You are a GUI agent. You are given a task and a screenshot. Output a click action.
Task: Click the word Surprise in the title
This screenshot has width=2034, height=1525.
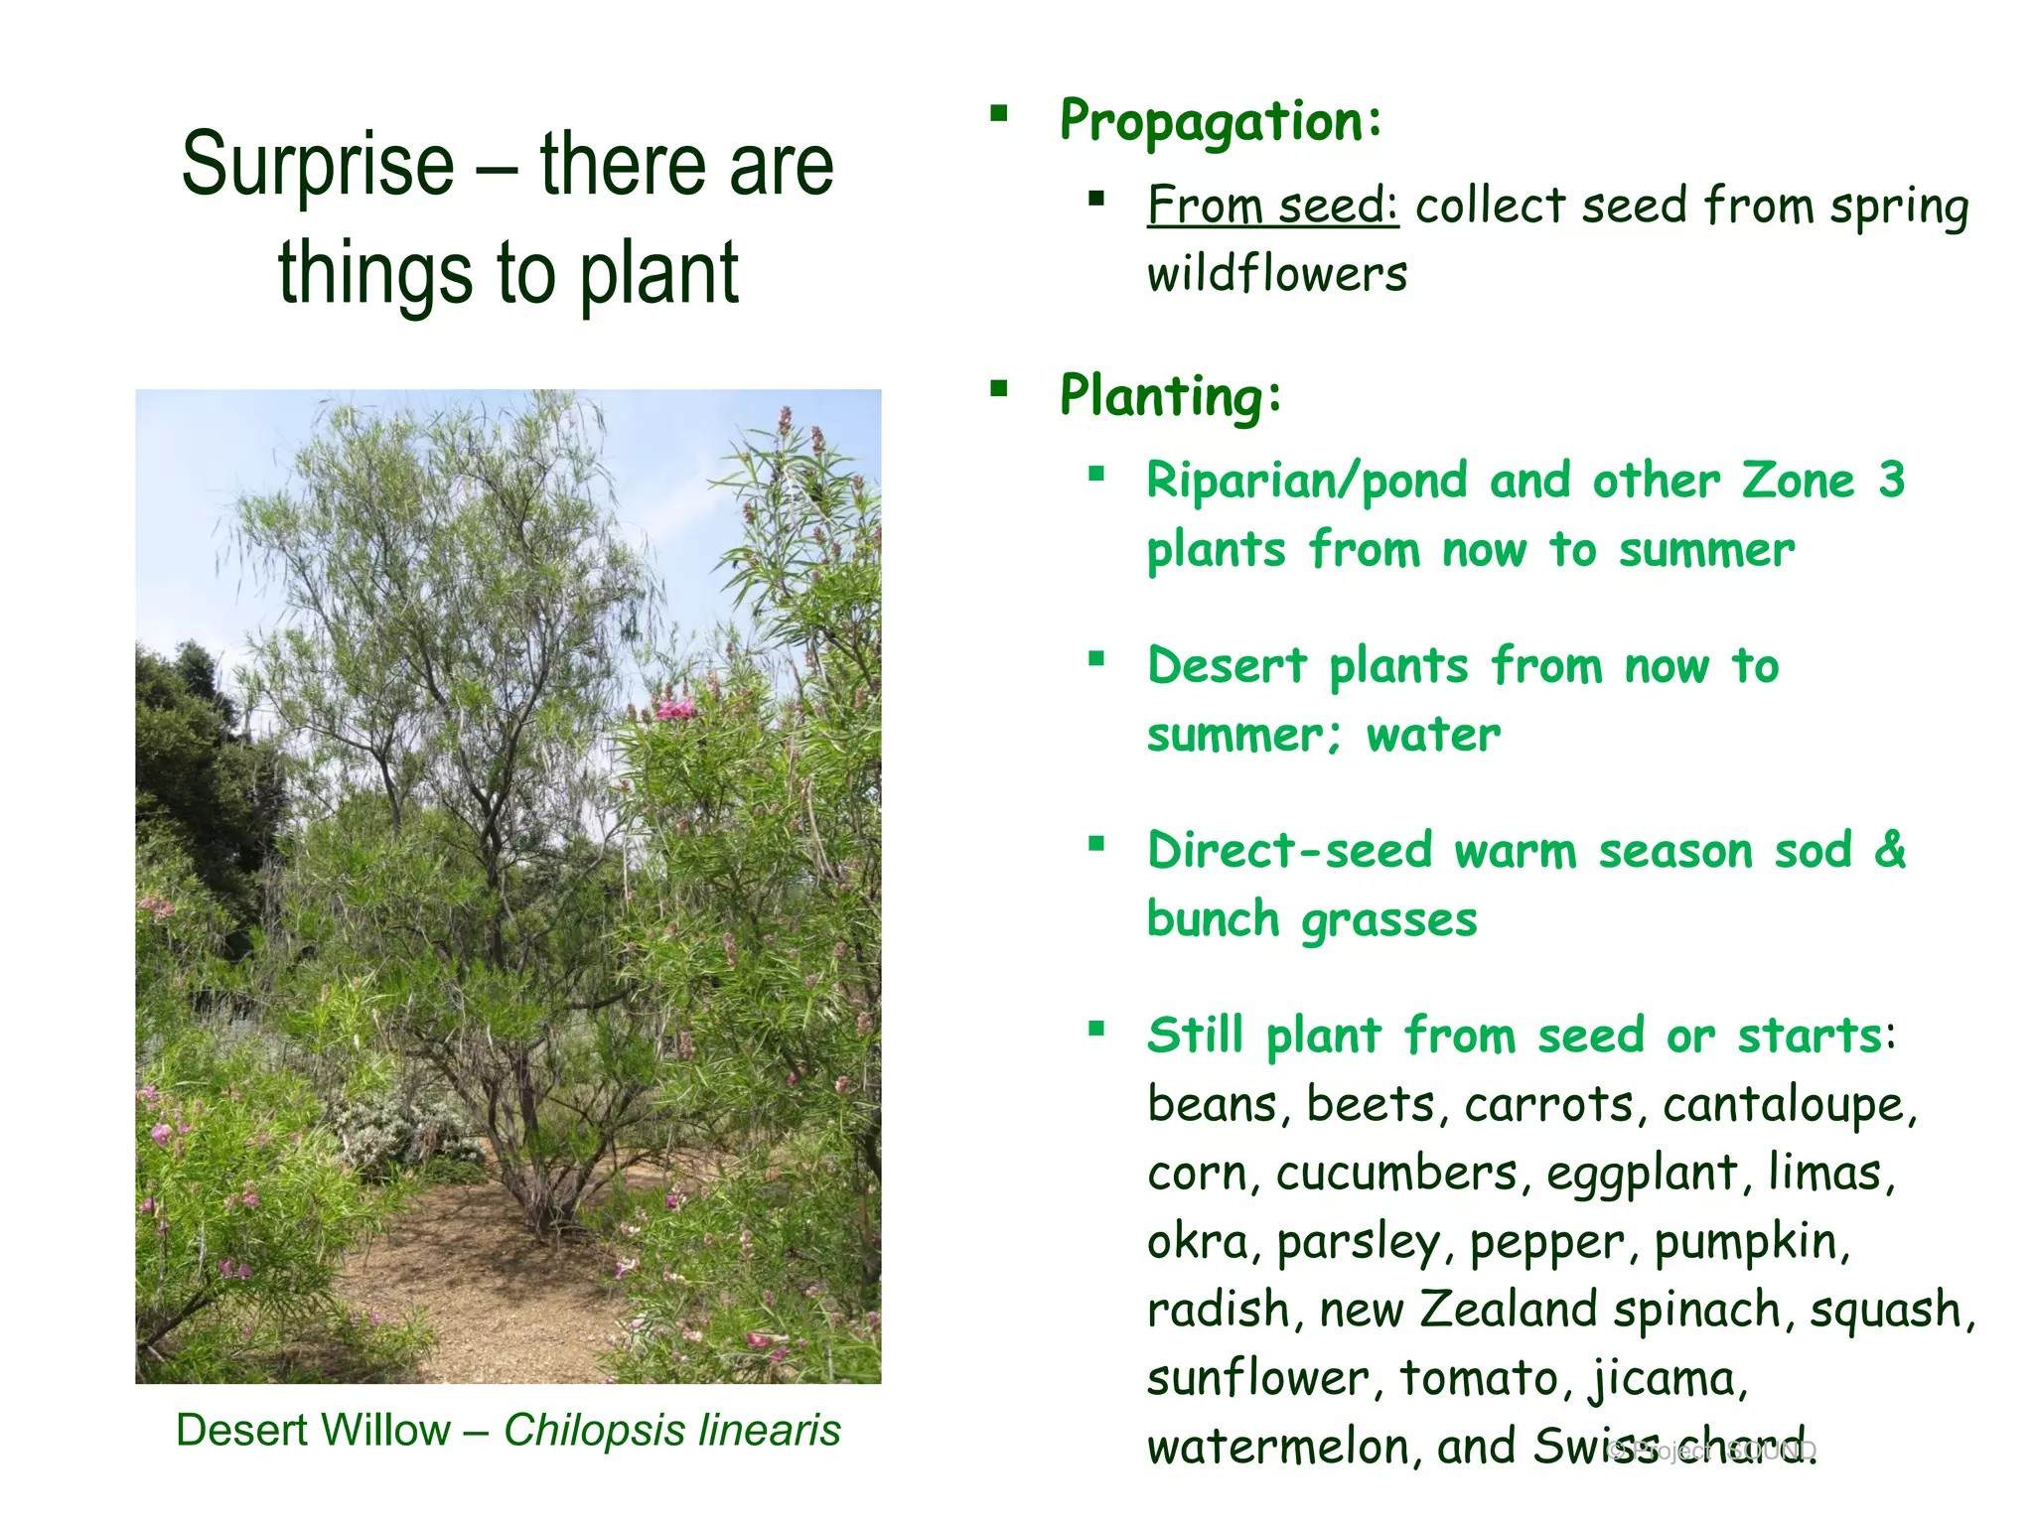pyautogui.click(x=317, y=166)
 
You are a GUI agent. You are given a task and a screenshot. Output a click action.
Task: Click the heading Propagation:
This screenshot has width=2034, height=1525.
pyautogui.click(x=1221, y=122)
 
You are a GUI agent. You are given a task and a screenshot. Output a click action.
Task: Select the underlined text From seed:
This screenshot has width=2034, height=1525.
pyautogui.click(x=1272, y=207)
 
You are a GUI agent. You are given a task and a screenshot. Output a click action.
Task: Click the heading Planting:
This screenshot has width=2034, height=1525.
pyautogui.click(x=1171, y=396)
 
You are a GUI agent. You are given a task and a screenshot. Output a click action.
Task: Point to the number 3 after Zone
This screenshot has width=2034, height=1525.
pyautogui.click(x=1891, y=481)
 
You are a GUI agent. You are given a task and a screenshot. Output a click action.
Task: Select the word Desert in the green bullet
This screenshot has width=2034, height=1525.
pyautogui.click(x=1228, y=665)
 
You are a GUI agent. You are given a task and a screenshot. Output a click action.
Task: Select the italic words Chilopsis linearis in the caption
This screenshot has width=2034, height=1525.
pyautogui.click(x=672, y=1431)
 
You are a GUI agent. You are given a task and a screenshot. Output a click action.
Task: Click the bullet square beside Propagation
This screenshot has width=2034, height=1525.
pyautogui.click(x=998, y=113)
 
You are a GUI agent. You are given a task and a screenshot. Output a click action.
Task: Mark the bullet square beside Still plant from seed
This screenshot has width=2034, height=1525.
pyautogui.click(x=1096, y=1029)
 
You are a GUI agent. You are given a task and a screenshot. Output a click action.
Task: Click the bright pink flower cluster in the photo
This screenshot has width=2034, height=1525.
pyautogui.click(x=676, y=708)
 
